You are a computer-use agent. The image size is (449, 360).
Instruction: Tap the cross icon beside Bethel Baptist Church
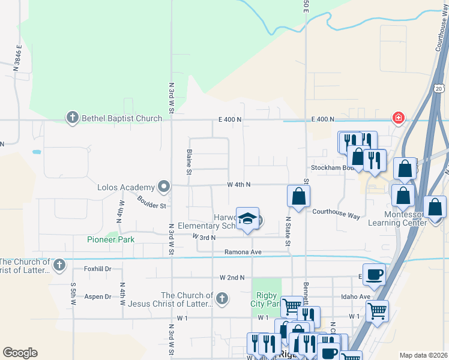[73, 118]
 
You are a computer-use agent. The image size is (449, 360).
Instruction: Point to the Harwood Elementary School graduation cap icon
[247, 220]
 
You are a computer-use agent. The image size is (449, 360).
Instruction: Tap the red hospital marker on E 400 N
[397, 118]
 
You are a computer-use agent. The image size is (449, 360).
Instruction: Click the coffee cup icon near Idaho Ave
[374, 275]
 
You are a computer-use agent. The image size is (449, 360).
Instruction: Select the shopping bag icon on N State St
[298, 196]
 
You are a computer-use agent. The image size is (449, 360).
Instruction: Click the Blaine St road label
[190, 162]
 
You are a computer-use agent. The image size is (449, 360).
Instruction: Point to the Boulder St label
[151, 202]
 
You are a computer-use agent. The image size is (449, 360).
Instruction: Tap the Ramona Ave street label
[243, 252]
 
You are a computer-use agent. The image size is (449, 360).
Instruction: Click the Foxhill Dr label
[98, 269]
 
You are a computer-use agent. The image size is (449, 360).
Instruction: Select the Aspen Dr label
[98, 296]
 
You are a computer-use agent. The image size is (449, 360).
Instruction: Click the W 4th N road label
[238, 185]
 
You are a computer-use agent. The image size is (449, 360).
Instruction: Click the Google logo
[20, 352]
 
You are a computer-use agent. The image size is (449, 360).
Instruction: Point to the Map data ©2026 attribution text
[423, 355]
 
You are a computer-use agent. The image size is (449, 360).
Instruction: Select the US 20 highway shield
[439, 88]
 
